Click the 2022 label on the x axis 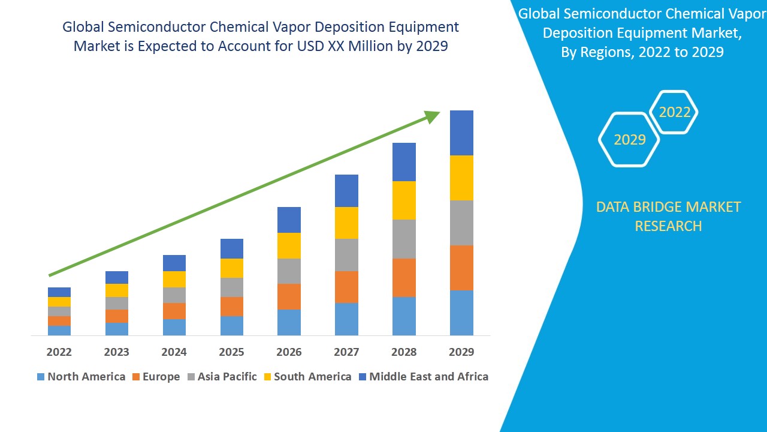59,352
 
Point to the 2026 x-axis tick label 289,352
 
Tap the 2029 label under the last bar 461,352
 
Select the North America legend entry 81,377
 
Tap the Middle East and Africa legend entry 423,377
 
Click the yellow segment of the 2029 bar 461,178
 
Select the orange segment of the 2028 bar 404,277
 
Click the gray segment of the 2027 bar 346,255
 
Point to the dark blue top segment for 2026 289,220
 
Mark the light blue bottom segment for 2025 231,325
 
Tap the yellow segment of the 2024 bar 174,279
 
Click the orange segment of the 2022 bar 59,321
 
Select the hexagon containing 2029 629,140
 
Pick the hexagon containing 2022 675,112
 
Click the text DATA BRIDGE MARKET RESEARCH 668,217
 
